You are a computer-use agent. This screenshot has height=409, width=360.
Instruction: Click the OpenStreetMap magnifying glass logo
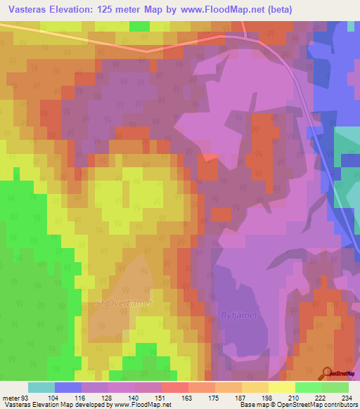(x=328, y=372)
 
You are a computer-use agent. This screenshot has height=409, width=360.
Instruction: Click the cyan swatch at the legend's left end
(x=41, y=387)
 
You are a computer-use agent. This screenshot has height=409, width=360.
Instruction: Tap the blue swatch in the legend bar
(x=68, y=387)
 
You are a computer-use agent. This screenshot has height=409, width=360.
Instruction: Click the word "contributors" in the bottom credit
(x=339, y=405)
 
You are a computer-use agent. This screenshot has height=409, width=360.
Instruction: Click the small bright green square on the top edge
(x=140, y=27)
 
